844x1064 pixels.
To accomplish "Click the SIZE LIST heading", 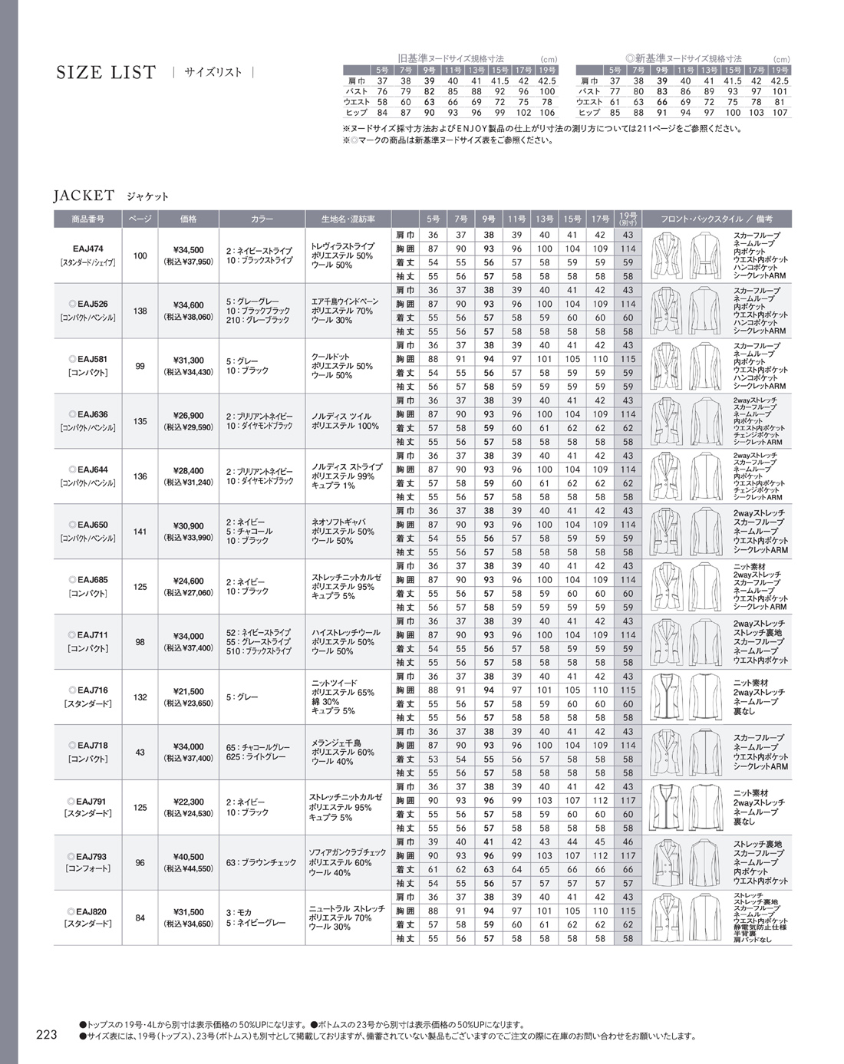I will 106,73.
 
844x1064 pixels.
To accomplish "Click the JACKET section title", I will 84,196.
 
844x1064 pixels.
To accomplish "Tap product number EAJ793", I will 89,857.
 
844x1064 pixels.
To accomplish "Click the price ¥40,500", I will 188,857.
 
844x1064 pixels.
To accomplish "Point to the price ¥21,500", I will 188,691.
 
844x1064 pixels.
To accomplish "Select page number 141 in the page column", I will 140,531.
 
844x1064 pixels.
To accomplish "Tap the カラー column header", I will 262,219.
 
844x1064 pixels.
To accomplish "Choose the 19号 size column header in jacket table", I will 628,218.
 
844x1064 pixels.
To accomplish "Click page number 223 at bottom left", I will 47,1035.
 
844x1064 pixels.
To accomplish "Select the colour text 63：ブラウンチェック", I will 261,863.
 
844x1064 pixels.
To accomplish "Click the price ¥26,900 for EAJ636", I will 188,415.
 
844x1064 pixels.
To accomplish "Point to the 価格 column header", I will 188,219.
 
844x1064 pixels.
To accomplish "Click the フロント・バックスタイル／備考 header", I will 716,219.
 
